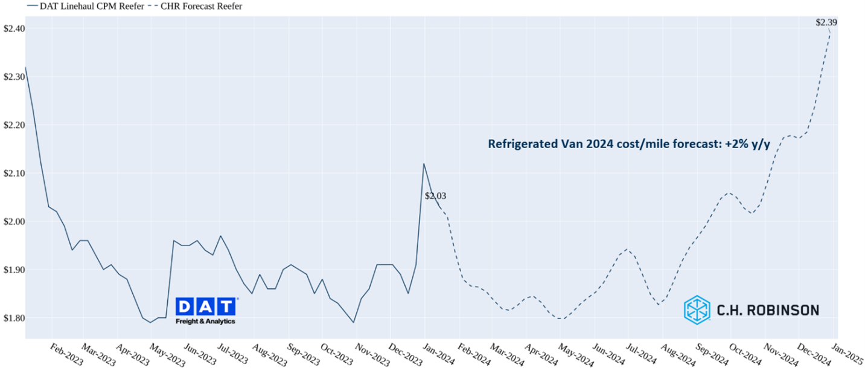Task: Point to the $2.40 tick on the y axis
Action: tap(13, 28)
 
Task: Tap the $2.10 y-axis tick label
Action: tap(13, 174)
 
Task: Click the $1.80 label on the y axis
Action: tap(13, 318)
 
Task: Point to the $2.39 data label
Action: tap(826, 22)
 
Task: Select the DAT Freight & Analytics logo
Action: tap(206, 310)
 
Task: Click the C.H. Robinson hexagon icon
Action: tap(697, 309)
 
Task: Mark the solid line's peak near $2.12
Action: tap(424, 164)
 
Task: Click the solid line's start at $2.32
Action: tap(25, 67)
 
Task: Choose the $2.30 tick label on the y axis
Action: tap(13, 77)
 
